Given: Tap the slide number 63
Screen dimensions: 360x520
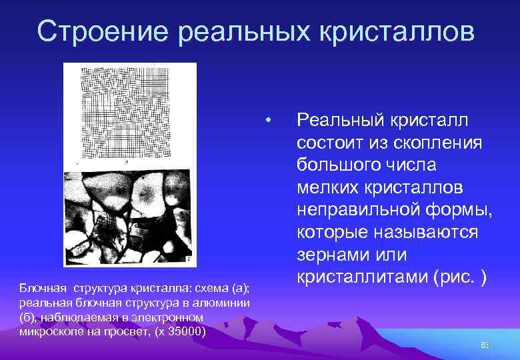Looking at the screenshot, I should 485,345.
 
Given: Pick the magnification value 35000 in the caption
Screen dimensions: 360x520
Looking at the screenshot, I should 187,331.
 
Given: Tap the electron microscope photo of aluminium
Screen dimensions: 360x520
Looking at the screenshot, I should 129,217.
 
